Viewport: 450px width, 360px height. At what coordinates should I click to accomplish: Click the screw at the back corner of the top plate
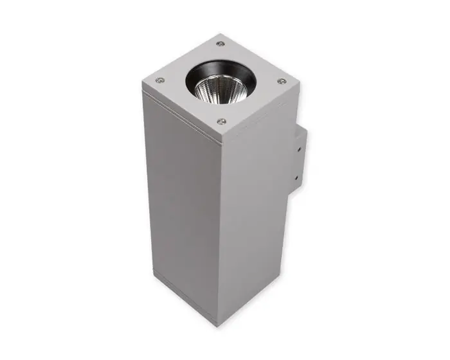(221, 44)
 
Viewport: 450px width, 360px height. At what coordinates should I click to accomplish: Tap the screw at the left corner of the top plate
(160, 80)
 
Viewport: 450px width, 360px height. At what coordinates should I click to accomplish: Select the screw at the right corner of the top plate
(281, 81)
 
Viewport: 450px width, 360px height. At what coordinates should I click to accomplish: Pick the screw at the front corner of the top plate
(222, 121)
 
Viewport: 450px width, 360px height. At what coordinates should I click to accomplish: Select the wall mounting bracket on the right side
(298, 161)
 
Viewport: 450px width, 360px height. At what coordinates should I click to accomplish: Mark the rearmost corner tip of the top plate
(220, 33)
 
